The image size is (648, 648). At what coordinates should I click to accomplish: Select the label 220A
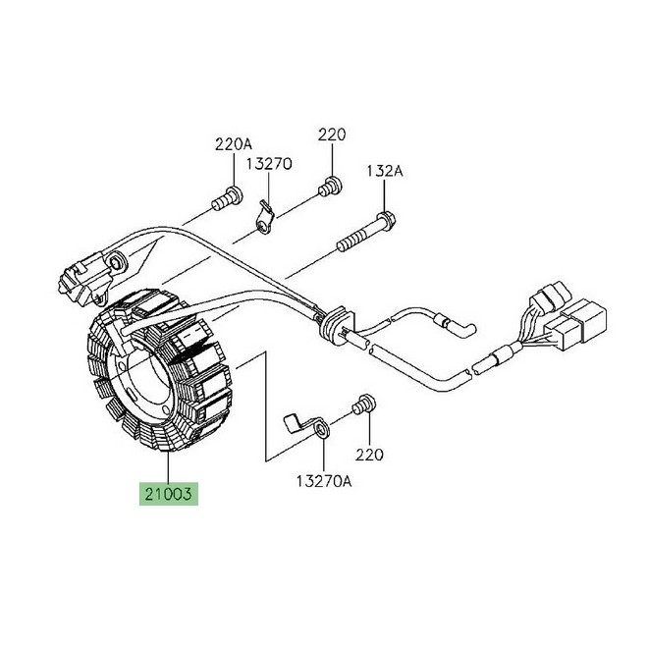coord(234,144)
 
